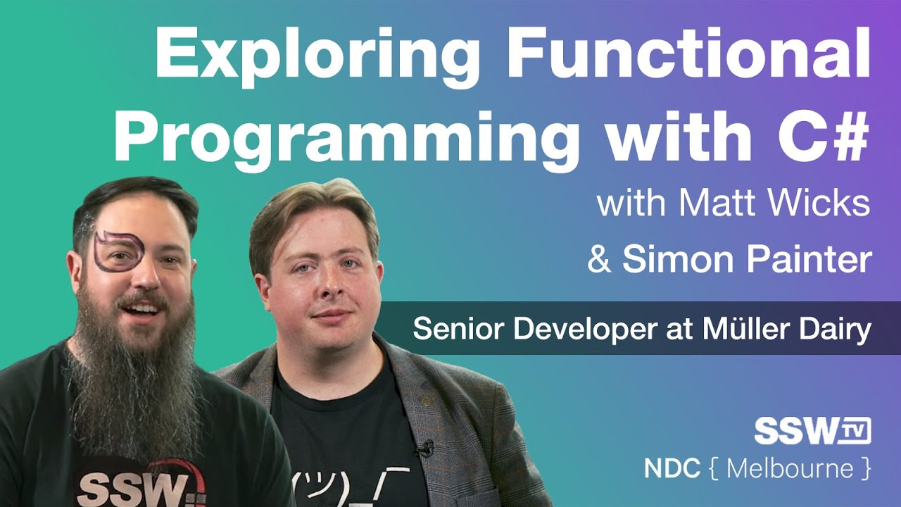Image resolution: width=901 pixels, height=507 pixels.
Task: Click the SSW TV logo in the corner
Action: tap(812, 431)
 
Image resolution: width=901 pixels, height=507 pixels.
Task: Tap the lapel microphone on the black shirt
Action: tap(424, 448)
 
